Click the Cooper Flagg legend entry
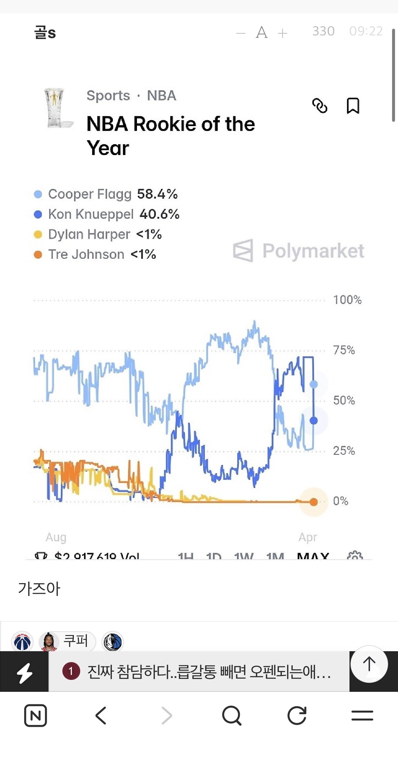tap(89, 194)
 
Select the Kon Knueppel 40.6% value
tap(159, 214)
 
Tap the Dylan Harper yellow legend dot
tap(38, 235)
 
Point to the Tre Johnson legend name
tap(86, 254)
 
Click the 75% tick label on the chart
tap(344, 350)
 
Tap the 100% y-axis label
tap(347, 300)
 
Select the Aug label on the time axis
tap(56, 537)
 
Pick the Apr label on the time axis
tap(308, 537)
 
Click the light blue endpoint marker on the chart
tap(314, 384)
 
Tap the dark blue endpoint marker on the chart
tap(314, 420)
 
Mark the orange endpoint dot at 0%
tap(314, 502)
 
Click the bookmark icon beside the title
tap(353, 106)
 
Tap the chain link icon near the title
tap(320, 106)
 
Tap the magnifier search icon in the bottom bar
tap(232, 716)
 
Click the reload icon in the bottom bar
tap(297, 716)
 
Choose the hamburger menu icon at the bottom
tap(362, 716)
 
